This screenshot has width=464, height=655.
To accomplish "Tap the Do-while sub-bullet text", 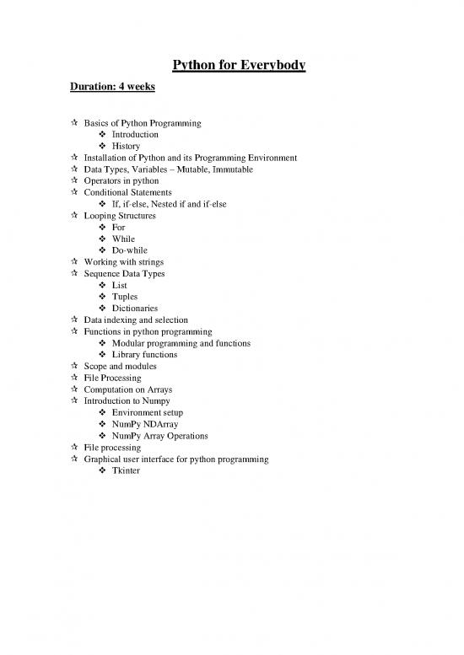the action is click(133, 250).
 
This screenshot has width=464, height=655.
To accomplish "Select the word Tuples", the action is click(127, 297).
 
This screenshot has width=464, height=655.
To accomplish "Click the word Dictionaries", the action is click(138, 309).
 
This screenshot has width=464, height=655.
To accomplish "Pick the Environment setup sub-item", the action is click(147, 413).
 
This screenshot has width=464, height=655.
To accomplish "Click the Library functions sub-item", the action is click(147, 355).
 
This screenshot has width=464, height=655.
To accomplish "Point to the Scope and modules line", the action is click(120, 367).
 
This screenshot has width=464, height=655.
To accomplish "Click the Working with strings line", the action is click(125, 262).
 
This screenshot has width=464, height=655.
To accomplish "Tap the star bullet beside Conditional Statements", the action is click(75, 192).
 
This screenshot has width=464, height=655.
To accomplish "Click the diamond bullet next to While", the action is click(102, 239).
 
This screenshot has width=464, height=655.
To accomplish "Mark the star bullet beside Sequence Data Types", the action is click(75, 274).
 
